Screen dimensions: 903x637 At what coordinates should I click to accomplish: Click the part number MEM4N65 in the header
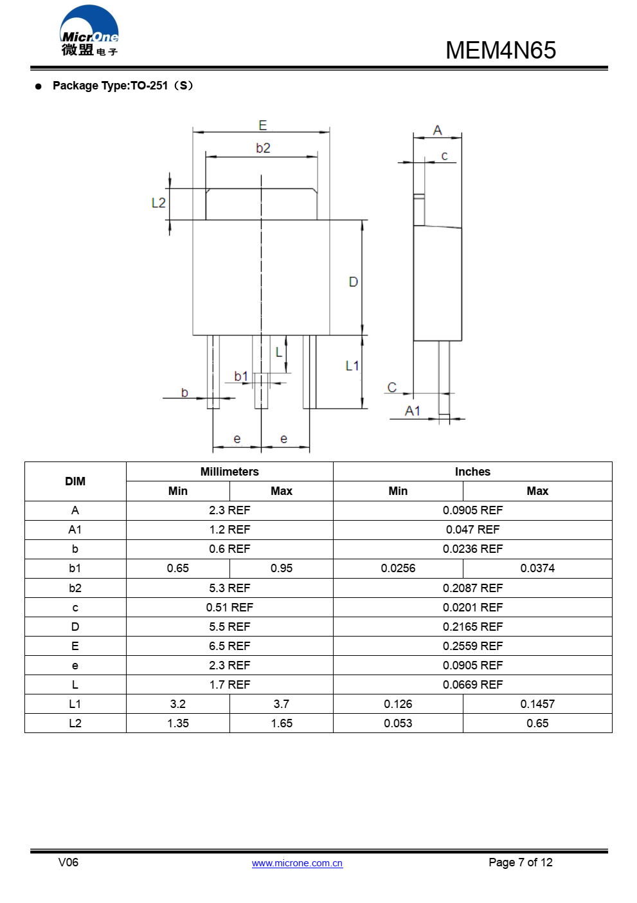(500, 50)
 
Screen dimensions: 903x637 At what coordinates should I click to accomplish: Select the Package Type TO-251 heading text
(123, 86)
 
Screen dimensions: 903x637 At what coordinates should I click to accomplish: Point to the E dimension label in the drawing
(262, 125)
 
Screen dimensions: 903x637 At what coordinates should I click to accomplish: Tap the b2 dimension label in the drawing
(263, 148)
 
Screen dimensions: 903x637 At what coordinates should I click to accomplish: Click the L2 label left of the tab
(158, 203)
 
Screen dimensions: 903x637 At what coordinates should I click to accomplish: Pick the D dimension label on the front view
(353, 282)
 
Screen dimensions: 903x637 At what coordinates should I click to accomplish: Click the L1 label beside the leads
(352, 366)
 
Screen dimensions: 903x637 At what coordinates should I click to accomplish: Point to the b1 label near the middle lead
(241, 376)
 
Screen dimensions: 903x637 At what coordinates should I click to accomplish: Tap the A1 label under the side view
(412, 411)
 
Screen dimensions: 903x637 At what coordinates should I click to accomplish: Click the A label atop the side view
(438, 131)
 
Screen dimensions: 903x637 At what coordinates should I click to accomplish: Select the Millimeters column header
(229, 472)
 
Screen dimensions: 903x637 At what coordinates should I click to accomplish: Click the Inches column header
(472, 472)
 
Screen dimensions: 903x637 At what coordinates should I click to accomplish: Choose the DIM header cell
(75, 481)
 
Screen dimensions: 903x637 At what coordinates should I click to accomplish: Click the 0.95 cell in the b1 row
(282, 568)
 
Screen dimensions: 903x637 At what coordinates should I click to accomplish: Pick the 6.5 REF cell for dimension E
(229, 646)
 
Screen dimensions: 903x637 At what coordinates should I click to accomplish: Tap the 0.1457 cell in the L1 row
(537, 704)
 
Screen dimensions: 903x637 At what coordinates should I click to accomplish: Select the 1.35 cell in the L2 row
(178, 723)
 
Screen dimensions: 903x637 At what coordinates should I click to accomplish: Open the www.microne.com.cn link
(297, 863)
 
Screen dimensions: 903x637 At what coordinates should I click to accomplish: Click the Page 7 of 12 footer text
(520, 862)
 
